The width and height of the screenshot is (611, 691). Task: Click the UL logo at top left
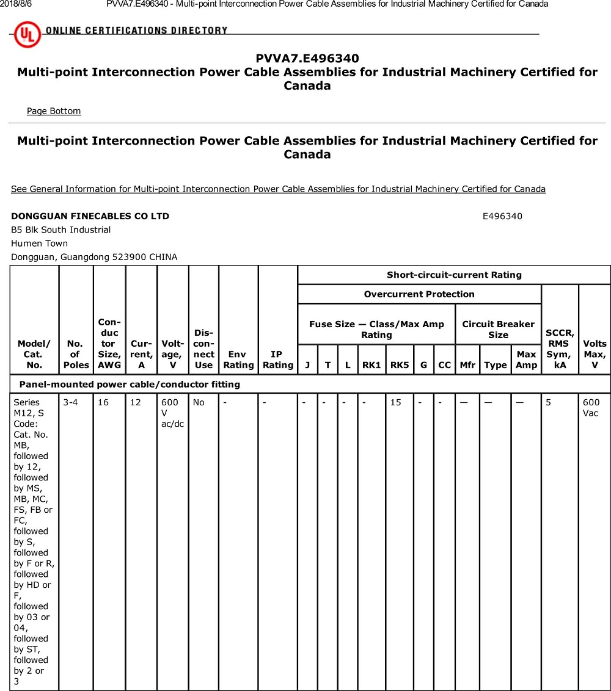[x=27, y=34]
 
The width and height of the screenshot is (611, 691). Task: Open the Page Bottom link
[x=54, y=111]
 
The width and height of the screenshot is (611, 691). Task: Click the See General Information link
[x=278, y=189]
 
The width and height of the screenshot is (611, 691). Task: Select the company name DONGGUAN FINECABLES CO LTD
[x=90, y=216]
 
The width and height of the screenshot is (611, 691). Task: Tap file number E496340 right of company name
[x=502, y=216]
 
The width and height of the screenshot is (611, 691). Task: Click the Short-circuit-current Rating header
[x=454, y=275]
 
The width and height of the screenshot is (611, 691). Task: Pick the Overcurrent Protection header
[x=419, y=294]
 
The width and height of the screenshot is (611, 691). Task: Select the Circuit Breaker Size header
[x=498, y=330]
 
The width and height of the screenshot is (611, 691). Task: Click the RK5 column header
[x=400, y=365]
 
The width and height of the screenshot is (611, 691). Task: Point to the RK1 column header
[x=371, y=365]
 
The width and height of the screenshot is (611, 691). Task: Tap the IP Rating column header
[x=277, y=360]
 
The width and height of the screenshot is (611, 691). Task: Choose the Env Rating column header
[x=238, y=360]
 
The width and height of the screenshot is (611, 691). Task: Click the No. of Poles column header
[x=76, y=354]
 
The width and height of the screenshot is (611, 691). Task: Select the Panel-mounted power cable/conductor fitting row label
[x=130, y=385]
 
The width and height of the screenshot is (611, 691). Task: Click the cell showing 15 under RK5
[x=396, y=402]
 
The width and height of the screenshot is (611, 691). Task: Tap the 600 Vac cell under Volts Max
[x=591, y=408]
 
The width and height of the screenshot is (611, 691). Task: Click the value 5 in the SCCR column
[x=549, y=402]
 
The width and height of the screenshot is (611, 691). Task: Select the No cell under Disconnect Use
[x=199, y=402]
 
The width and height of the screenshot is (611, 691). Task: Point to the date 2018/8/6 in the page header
[x=16, y=4]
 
